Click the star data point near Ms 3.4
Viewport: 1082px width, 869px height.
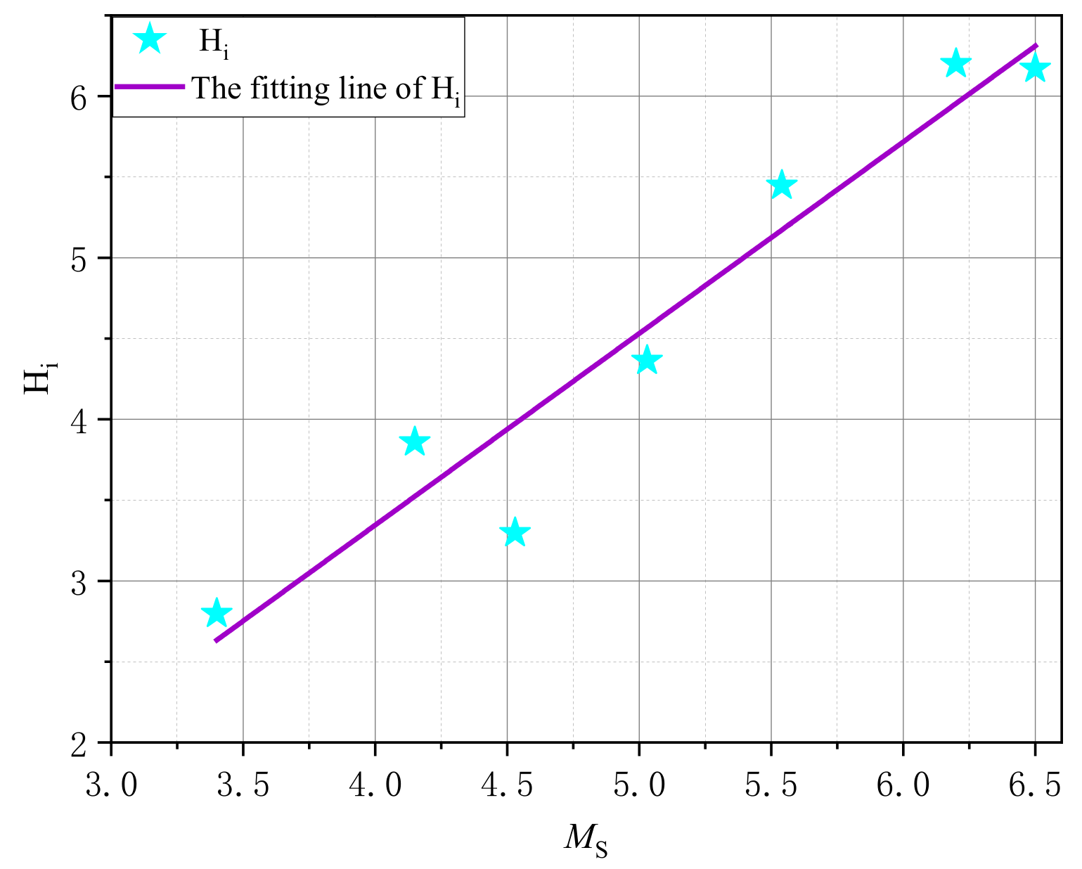[x=216, y=613]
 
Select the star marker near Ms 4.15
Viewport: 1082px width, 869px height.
[x=414, y=442]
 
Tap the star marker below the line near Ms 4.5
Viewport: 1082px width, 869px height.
[x=515, y=532]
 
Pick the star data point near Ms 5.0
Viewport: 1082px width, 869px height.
[x=647, y=361]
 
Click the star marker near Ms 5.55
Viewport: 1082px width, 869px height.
[x=781, y=186]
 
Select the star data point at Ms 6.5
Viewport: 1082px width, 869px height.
[x=1035, y=68]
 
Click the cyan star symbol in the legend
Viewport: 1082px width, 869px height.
[x=148, y=39]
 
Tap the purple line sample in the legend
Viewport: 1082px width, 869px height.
[x=149, y=86]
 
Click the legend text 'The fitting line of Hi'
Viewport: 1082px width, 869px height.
[x=327, y=89]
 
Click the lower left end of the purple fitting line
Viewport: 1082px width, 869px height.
[x=217, y=640]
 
